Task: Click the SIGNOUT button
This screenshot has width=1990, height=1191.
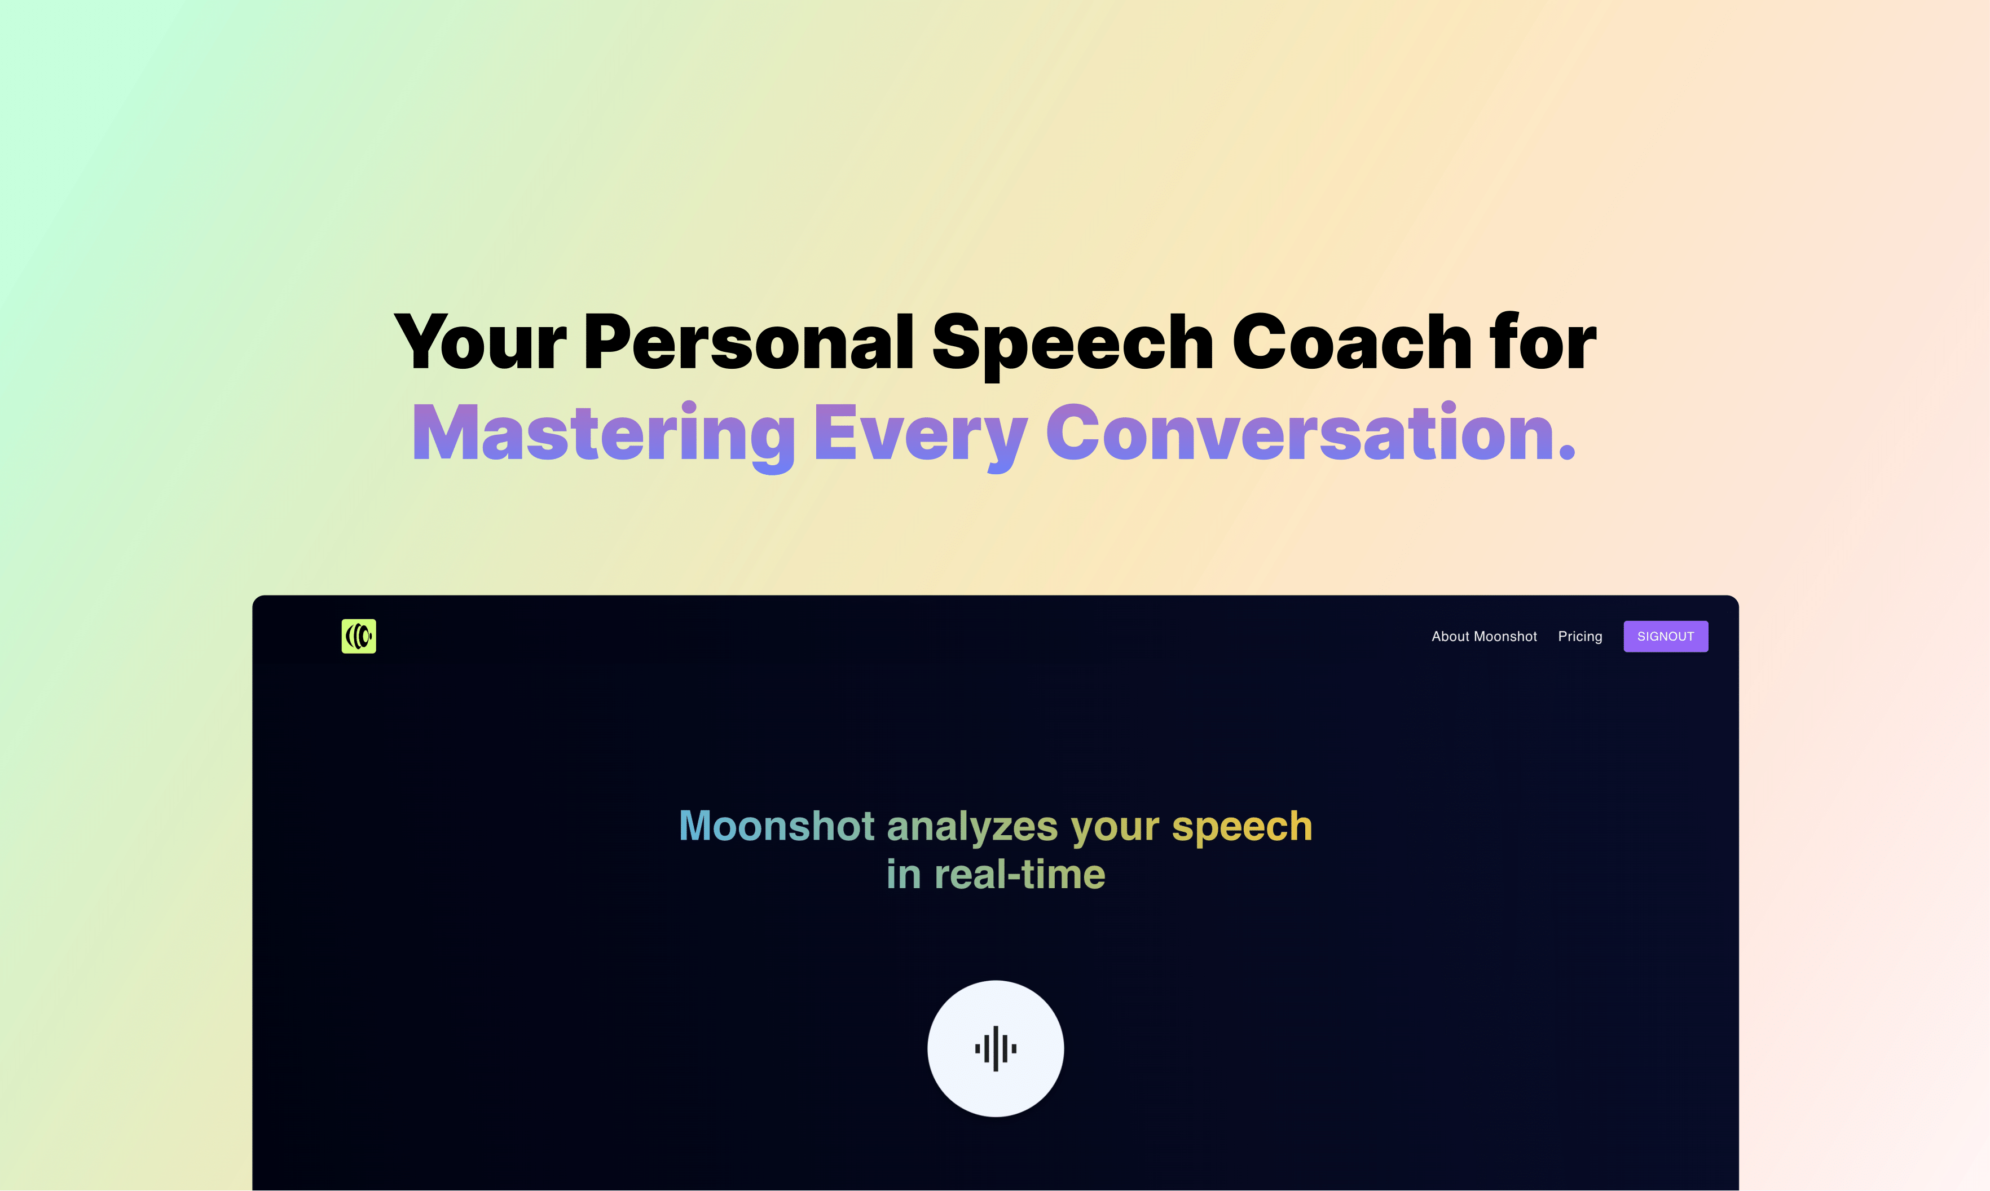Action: [x=1665, y=637]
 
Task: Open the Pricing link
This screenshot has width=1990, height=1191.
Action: [x=1580, y=637]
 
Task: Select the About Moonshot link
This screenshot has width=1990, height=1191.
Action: [x=1484, y=637]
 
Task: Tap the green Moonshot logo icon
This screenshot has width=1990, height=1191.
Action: [x=359, y=637]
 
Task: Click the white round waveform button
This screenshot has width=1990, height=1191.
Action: [x=996, y=1048]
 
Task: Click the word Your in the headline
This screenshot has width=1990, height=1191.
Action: [x=480, y=343]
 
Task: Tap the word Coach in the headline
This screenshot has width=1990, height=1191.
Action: [x=1352, y=343]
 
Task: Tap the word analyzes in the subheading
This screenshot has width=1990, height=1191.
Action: [x=972, y=829]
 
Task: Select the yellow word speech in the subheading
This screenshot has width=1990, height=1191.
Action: [x=1242, y=829]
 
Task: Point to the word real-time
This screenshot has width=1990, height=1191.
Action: [x=1019, y=874]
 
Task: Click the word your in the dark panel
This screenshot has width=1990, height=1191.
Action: [x=1115, y=831]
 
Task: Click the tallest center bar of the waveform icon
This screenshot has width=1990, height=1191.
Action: [x=996, y=1048]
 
